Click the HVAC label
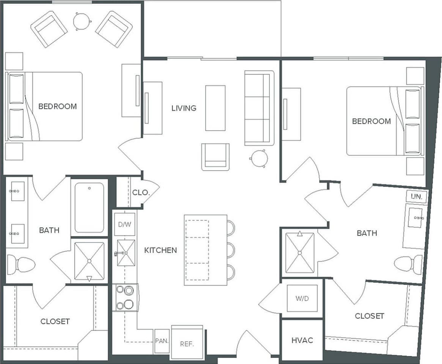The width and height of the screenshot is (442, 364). click(302, 340)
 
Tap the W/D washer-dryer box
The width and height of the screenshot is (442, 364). click(302, 298)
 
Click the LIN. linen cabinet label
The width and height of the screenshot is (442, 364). click(417, 197)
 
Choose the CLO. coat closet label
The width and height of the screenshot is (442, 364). click(141, 192)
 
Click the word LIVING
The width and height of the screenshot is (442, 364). click(184, 108)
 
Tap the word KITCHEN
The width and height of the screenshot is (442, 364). click(160, 250)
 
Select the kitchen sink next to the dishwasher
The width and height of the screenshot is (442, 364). click(126, 253)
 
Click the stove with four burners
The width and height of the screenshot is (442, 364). click(126, 298)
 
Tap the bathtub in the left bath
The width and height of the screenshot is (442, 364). click(89, 207)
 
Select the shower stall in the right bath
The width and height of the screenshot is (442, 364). click(300, 253)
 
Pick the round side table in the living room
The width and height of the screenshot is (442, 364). click(259, 158)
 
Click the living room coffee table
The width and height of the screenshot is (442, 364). click(215, 108)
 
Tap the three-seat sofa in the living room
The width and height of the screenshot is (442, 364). click(259, 108)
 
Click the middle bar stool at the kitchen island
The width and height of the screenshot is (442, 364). click(230, 250)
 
